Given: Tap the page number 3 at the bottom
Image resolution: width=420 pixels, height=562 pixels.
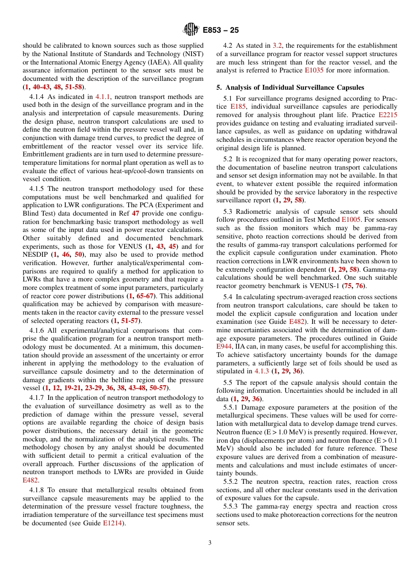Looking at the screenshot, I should (210, 543).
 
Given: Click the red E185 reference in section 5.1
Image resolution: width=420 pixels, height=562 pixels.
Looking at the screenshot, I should (237, 106).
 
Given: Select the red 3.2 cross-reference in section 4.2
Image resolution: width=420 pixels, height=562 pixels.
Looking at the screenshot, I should (277, 46).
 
